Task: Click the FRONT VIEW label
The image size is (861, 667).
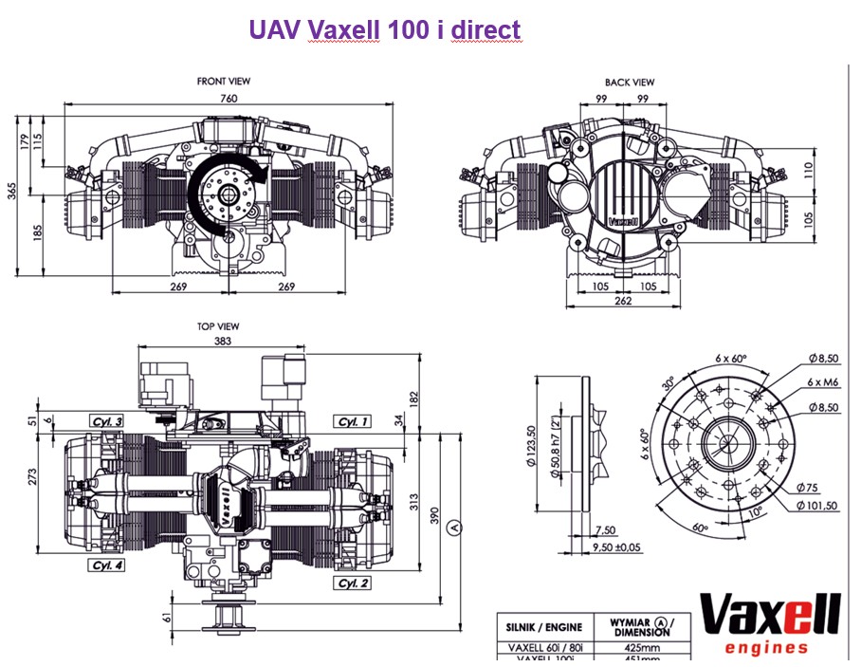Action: tap(224, 82)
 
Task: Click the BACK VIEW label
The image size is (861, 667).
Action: tap(630, 83)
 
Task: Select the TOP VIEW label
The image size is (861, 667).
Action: tap(218, 326)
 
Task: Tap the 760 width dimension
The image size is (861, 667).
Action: tap(228, 98)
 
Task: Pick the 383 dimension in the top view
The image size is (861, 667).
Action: tap(223, 341)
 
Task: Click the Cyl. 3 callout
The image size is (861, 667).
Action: tap(107, 420)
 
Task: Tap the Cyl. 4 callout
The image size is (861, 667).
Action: tap(107, 565)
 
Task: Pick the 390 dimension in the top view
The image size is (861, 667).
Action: tap(434, 516)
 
